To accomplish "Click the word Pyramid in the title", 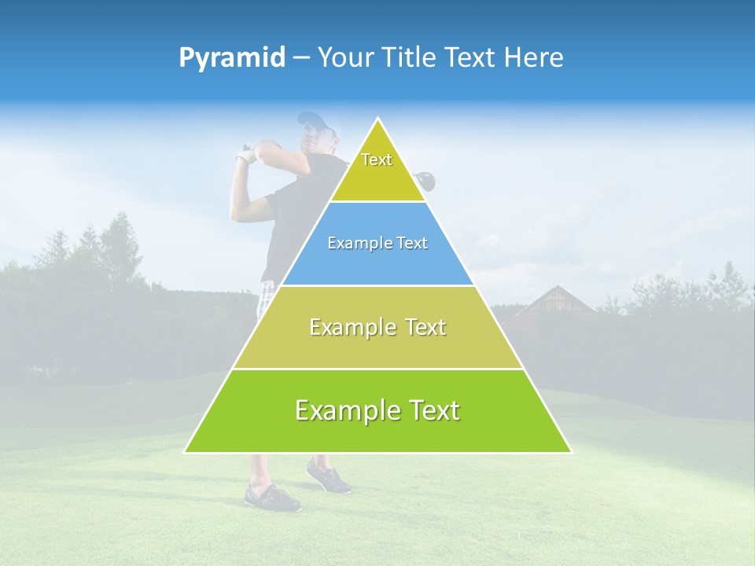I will click(231, 57).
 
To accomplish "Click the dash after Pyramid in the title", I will click(300, 58).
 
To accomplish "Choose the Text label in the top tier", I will click(377, 160).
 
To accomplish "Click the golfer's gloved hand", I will click(248, 155).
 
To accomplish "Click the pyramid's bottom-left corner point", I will click(184, 453).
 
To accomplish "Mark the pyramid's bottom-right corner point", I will click(572, 453).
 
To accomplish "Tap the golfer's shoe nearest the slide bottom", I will click(271, 498).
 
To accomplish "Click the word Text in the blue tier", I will click(412, 243).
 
